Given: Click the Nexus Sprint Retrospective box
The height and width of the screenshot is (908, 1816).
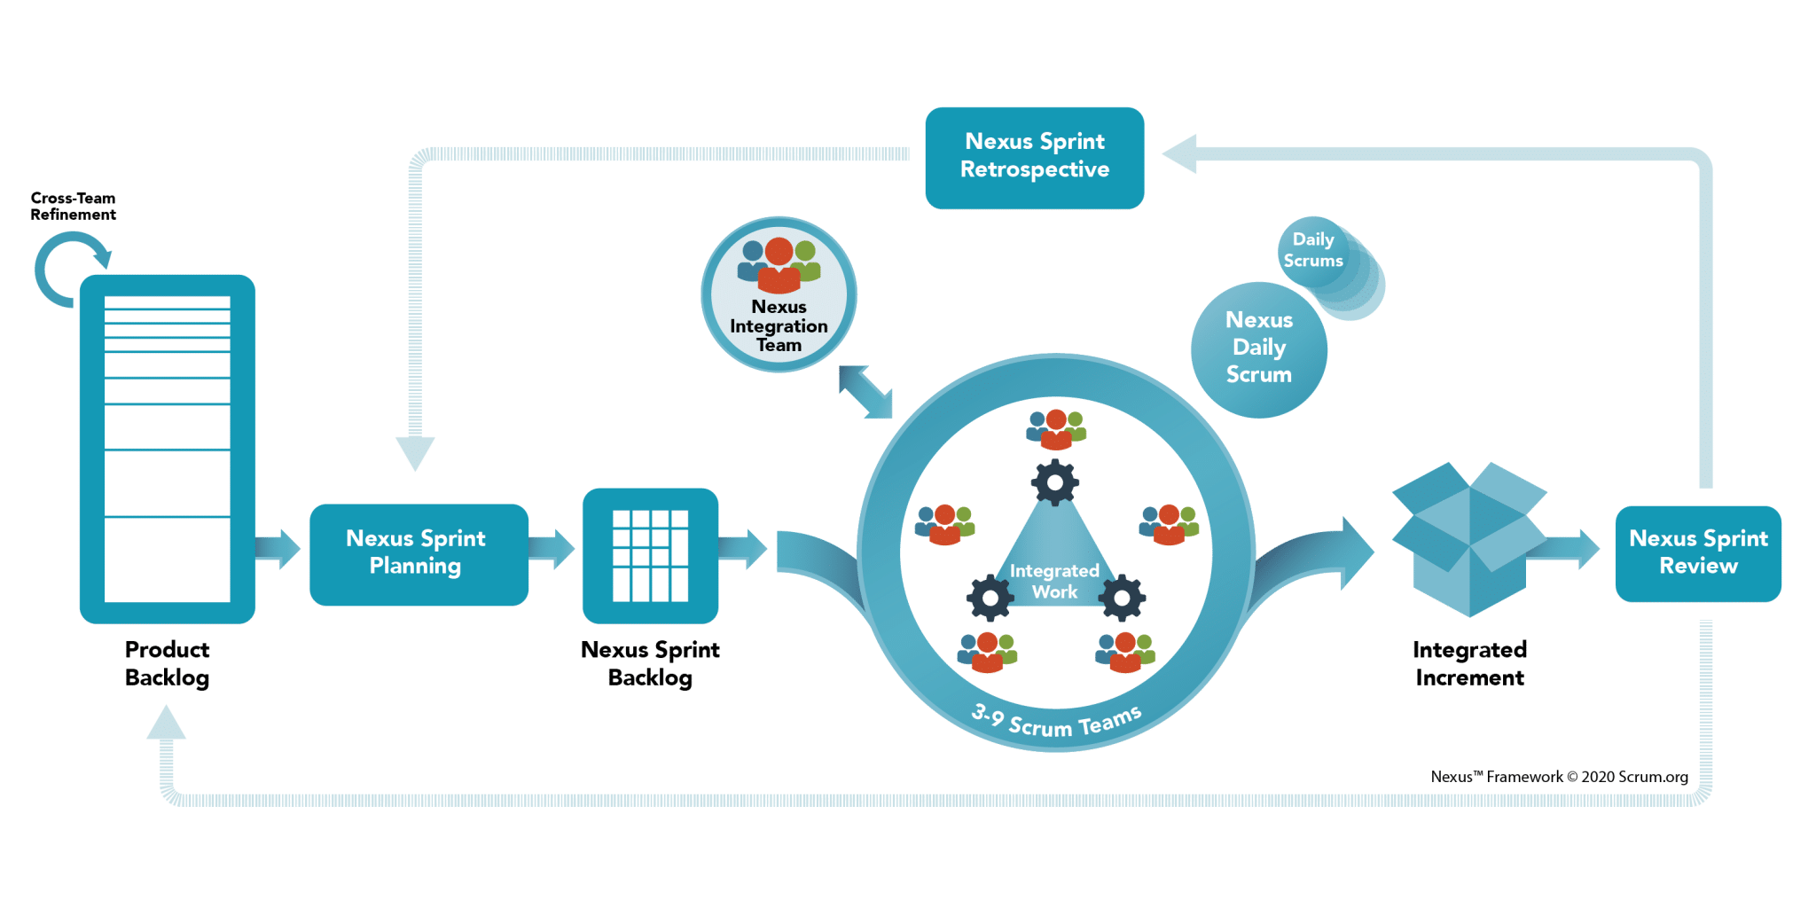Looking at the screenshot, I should tap(1034, 157).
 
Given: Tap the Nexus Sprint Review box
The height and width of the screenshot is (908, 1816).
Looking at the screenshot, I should tap(1697, 553).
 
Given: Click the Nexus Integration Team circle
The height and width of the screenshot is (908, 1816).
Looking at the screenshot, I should tap(779, 294).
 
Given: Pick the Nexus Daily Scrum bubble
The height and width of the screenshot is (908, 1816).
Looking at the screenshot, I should tap(1258, 349).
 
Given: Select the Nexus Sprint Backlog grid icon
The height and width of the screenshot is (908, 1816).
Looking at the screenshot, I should tap(650, 555).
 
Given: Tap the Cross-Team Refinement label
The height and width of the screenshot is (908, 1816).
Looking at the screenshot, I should tap(73, 207).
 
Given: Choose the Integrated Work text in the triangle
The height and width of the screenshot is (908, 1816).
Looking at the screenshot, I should tap(1054, 582).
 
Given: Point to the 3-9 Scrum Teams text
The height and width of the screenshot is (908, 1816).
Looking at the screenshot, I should tap(1055, 722).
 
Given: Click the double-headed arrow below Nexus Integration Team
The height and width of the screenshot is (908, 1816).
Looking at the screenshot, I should tap(865, 391).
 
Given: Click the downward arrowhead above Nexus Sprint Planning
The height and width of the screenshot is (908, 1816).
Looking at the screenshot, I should tap(414, 452).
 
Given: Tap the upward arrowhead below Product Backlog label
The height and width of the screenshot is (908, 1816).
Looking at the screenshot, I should tap(166, 724).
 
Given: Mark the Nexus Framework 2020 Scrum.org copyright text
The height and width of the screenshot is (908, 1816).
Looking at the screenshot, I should tap(1559, 777).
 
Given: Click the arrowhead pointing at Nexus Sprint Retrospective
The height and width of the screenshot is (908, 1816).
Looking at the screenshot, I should tap(1181, 154).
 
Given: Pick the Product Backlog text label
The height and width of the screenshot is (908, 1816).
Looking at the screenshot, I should tap(167, 663).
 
